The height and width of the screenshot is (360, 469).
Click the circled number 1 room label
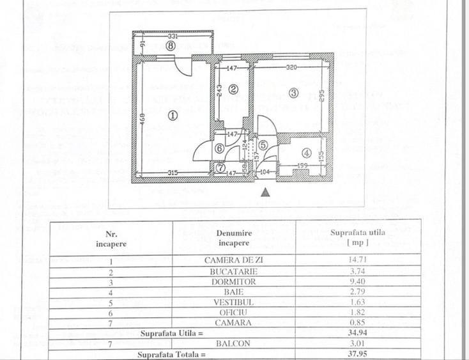[x=171, y=116]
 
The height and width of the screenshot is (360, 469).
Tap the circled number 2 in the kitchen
[x=233, y=90]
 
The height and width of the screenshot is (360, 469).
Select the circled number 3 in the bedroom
[x=293, y=93]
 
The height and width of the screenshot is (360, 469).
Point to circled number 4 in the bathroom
[x=307, y=153]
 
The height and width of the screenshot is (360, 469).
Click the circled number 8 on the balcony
[x=170, y=46]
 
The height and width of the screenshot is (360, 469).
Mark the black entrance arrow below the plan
[x=266, y=191]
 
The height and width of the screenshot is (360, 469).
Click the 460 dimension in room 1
[x=143, y=119]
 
